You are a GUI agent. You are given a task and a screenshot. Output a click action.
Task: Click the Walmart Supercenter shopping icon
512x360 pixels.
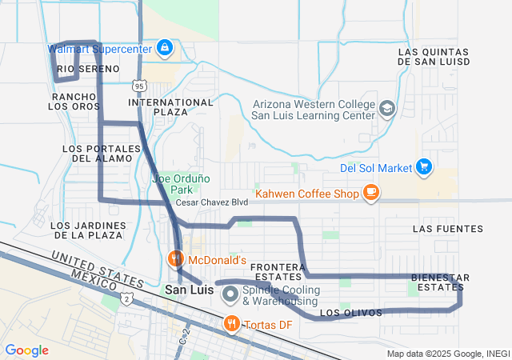click(x=164, y=48)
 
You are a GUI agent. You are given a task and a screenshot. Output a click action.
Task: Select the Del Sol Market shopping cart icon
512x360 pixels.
click(x=424, y=167)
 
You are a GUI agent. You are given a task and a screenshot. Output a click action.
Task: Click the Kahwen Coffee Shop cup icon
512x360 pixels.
click(x=370, y=192)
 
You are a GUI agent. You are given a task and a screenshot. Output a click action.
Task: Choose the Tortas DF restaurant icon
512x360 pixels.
click(x=231, y=323)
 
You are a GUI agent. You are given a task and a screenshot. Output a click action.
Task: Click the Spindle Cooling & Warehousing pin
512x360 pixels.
click(x=231, y=294)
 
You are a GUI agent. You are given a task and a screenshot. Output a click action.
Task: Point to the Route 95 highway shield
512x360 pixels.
click(x=140, y=85)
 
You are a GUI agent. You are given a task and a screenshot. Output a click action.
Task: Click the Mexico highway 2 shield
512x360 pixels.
click(x=127, y=298)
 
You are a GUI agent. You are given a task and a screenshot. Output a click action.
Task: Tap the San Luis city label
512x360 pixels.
click(x=189, y=290)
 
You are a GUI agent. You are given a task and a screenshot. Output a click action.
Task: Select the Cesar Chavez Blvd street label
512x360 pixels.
click(x=212, y=202)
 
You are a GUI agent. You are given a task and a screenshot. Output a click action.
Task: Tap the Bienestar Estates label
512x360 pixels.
click(x=440, y=282)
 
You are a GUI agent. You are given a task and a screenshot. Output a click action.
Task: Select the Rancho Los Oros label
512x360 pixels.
click(x=76, y=102)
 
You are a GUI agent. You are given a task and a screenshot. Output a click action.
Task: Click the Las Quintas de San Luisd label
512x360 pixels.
click(x=433, y=57)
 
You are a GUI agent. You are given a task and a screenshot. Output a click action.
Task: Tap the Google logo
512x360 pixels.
click(x=26, y=350)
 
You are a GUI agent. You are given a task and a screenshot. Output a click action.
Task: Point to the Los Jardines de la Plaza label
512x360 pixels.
click(x=87, y=230)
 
